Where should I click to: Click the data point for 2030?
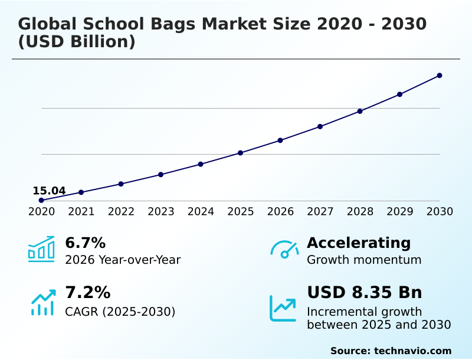[x=440, y=76]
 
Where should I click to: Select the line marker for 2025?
[x=241, y=153]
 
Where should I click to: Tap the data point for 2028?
[x=360, y=111]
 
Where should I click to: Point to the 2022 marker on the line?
[x=121, y=184]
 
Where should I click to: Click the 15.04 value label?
[x=49, y=191]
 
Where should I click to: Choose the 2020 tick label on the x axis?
[x=41, y=211]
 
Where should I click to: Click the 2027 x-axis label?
[x=320, y=211]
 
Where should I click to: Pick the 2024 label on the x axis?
[x=201, y=211]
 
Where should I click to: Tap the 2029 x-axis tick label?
[x=400, y=211]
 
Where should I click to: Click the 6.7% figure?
[x=85, y=243]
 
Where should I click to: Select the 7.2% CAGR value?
[x=87, y=292]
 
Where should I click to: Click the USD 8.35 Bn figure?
[x=365, y=292]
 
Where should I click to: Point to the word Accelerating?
[x=359, y=243]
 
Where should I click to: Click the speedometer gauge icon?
[x=284, y=250]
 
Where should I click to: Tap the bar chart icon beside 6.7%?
[x=41, y=249]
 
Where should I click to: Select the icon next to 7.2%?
[x=42, y=302]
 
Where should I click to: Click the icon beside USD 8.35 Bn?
[x=283, y=308]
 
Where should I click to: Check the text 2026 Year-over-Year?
[x=123, y=260]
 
